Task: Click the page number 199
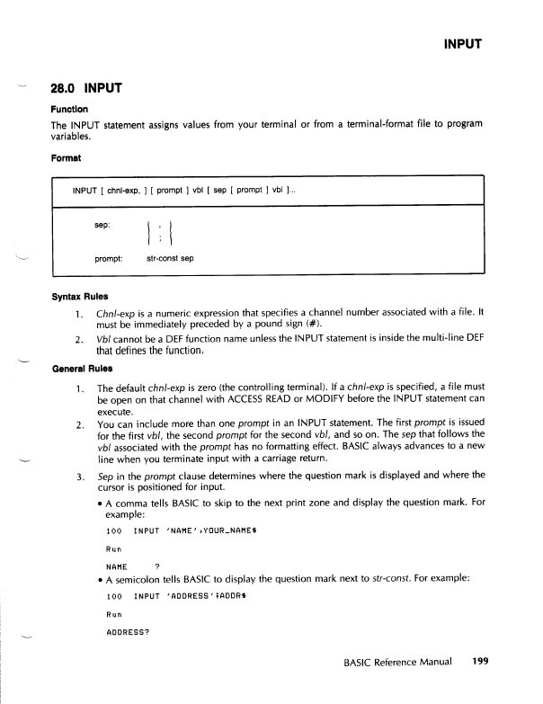[x=478, y=663]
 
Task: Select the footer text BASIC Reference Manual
[x=397, y=664]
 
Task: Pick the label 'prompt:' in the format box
[x=110, y=259]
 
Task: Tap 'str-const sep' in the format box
[x=170, y=259]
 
